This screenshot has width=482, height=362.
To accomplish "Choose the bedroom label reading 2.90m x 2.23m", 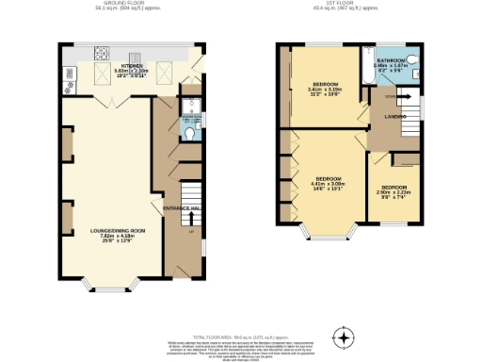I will point(394,194).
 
